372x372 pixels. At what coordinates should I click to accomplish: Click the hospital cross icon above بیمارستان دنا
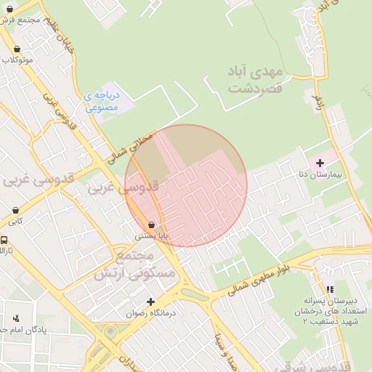click(320, 163)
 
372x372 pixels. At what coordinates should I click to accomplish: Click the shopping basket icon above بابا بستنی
click(151, 225)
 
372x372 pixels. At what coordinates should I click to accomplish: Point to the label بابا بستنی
click(151, 236)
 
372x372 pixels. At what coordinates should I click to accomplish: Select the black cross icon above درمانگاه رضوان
click(151, 302)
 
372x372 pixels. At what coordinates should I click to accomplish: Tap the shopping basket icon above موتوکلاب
click(17, 49)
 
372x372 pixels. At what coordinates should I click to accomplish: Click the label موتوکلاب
click(17, 60)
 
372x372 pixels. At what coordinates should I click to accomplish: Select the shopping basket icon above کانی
click(15, 211)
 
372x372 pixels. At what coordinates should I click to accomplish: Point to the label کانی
click(15, 221)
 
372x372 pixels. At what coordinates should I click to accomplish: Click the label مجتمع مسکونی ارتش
click(135, 267)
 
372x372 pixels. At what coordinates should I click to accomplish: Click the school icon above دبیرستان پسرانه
click(331, 289)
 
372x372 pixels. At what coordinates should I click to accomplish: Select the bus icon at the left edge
click(4, 240)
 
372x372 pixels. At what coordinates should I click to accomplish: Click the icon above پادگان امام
click(16, 318)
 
